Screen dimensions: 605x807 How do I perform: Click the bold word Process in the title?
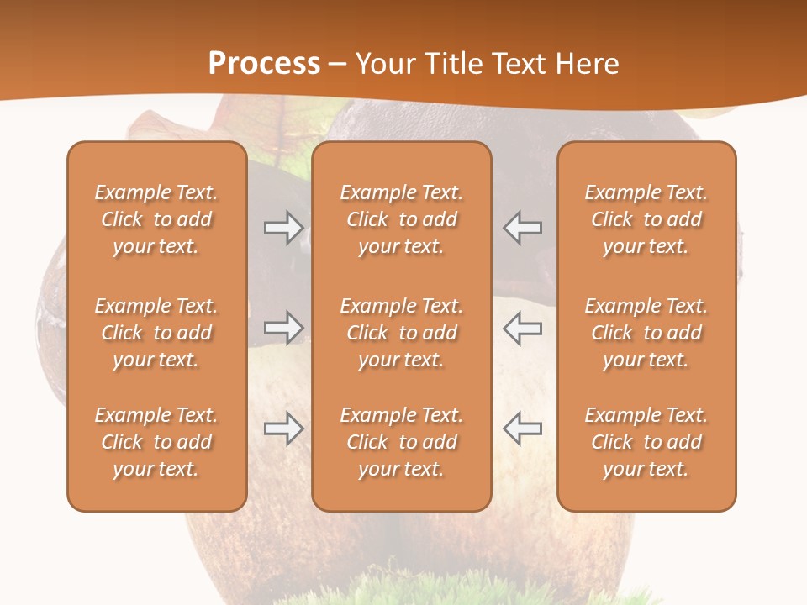[264, 63]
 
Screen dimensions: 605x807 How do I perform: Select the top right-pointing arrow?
[283, 228]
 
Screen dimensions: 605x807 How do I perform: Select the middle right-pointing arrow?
[283, 328]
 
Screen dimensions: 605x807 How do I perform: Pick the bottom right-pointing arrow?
[283, 429]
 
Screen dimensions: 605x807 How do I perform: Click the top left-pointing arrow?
[522, 228]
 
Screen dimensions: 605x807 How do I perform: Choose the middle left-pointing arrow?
[522, 328]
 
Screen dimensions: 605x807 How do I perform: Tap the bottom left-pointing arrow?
[522, 429]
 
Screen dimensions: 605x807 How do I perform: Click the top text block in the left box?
[156, 219]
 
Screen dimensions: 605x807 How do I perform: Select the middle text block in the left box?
[156, 333]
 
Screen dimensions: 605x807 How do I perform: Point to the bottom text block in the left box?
[156, 442]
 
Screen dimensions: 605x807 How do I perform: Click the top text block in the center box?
[401, 219]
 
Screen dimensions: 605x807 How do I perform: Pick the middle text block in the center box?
[401, 333]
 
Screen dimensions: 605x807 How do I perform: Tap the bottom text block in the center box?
[401, 442]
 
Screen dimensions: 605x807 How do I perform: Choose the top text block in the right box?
[646, 219]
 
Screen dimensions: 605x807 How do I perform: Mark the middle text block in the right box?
[646, 333]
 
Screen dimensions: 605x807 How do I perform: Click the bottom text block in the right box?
[646, 442]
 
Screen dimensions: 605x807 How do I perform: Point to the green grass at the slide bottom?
[403, 592]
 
